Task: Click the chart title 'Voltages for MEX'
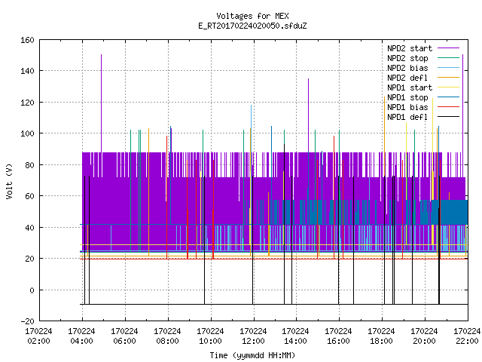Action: (252, 16)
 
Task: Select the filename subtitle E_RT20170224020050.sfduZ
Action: (252, 26)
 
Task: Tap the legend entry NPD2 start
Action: (423, 48)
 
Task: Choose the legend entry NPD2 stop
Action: (423, 58)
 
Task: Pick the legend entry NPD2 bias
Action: (423, 68)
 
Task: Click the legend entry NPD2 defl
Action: (423, 78)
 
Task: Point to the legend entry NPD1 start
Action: (423, 87)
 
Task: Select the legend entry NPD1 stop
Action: (423, 97)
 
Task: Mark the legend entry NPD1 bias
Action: (423, 107)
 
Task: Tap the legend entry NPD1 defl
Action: (423, 117)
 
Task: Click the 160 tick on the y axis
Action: (27, 40)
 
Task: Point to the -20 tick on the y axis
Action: (27, 321)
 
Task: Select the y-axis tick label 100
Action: (27, 133)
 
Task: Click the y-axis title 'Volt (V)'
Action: (9, 181)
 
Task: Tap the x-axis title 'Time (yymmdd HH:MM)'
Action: (252, 355)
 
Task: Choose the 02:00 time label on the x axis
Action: (38, 341)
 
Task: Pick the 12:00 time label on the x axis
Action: (253, 341)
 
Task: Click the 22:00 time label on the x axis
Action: (467, 341)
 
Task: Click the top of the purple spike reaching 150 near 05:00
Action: (101, 55)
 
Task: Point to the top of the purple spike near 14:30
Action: (308, 78)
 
